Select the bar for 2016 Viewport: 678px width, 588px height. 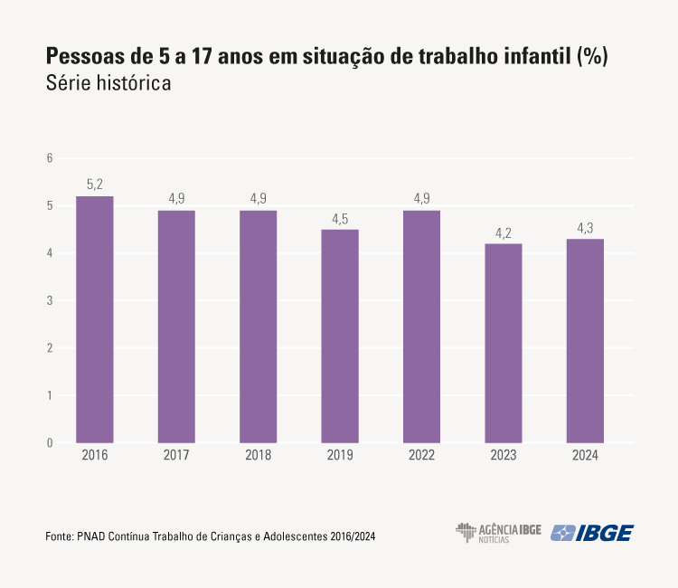click(x=94, y=319)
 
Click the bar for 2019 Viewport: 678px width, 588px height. click(x=340, y=336)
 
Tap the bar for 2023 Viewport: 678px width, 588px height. click(x=504, y=343)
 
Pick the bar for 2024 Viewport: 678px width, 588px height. click(x=585, y=340)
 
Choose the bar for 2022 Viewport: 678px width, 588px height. click(x=421, y=327)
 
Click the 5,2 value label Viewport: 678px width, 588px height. click(x=94, y=185)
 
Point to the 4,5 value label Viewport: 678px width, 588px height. click(x=340, y=218)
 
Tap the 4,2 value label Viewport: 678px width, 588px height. click(x=504, y=232)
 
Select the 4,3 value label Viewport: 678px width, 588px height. click(x=585, y=228)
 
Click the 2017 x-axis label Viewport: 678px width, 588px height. click(x=176, y=456)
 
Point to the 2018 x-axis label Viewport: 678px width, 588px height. click(x=258, y=456)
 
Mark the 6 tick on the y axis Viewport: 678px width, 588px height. click(x=50, y=158)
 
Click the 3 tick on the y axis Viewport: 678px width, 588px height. click(x=50, y=301)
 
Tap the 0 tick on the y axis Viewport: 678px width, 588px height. click(x=50, y=443)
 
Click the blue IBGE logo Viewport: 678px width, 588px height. click(x=593, y=533)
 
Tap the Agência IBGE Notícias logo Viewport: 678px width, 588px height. click(x=498, y=533)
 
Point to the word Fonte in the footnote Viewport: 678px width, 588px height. click(x=58, y=536)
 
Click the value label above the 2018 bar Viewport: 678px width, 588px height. click(x=258, y=199)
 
